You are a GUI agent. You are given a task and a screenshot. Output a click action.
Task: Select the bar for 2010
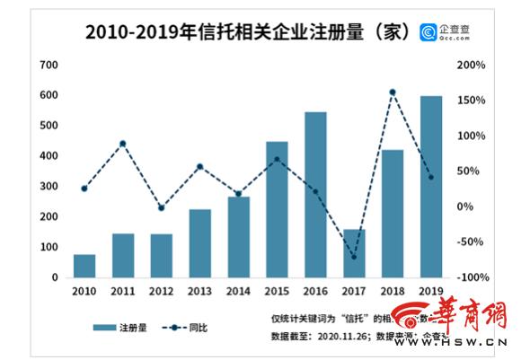point(84,266)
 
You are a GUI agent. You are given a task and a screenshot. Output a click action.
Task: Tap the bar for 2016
point(315,195)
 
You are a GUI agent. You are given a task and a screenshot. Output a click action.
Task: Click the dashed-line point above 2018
point(393,92)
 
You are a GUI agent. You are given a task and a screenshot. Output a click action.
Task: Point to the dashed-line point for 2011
point(123,144)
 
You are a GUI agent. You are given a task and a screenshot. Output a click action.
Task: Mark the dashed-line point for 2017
point(354,257)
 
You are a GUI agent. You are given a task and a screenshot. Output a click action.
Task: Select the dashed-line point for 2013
point(200,166)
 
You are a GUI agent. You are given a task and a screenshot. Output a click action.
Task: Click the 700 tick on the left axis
point(49,65)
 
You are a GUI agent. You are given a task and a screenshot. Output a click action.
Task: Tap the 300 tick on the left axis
point(49,186)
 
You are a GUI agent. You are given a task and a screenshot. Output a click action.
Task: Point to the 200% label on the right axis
point(471,65)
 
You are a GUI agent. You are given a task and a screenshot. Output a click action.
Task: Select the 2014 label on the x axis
point(238,292)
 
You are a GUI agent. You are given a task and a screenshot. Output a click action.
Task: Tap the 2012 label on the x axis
point(162,292)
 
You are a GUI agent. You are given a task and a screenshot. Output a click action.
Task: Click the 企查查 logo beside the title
point(448,32)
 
